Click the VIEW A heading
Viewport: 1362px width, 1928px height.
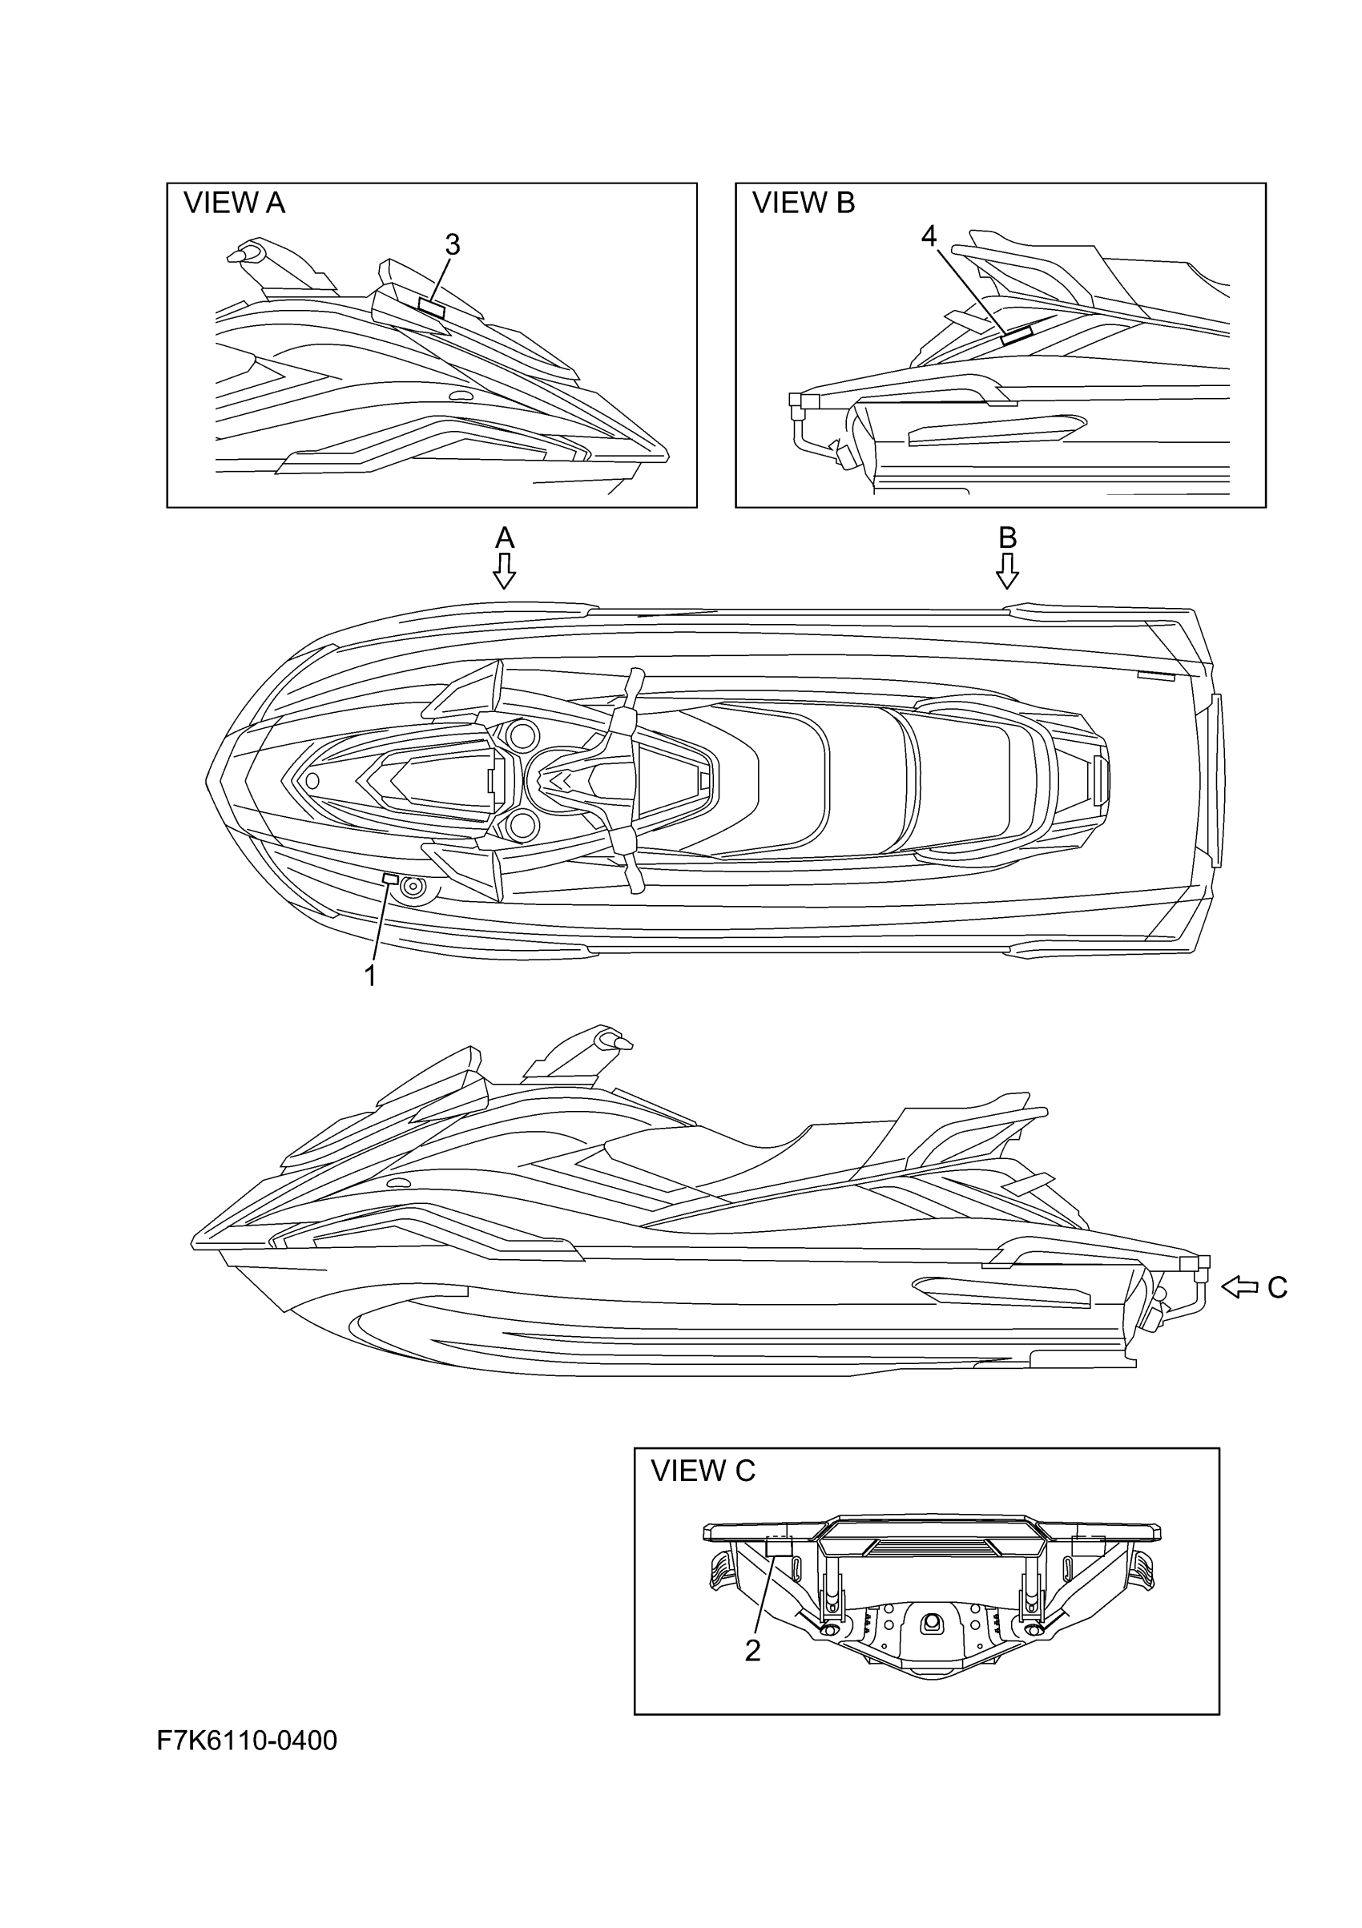click(x=234, y=203)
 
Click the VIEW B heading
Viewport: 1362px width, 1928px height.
click(x=803, y=203)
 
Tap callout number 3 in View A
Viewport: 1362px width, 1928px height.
click(x=453, y=245)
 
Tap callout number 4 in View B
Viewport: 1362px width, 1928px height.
click(x=928, y=237)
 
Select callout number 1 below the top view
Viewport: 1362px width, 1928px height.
click(x=369, y=976)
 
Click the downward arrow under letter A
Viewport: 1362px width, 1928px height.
click(x=504, y=570)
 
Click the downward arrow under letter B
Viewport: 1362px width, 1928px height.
click(x=1007, y=570)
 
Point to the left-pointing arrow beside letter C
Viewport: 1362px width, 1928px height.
click(x=1239, y=1286)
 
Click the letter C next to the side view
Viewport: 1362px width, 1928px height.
click(x=1276, y=1287)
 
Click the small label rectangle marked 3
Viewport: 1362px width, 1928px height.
click(x=432, y=308)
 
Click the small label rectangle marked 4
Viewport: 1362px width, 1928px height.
click(x=1016, y=335)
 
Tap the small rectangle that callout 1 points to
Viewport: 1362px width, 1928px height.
click(x=390, y=879)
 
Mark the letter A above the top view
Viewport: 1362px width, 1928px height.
click(x=504, y=537)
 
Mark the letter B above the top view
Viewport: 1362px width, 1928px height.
click(x=1007, y=537)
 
